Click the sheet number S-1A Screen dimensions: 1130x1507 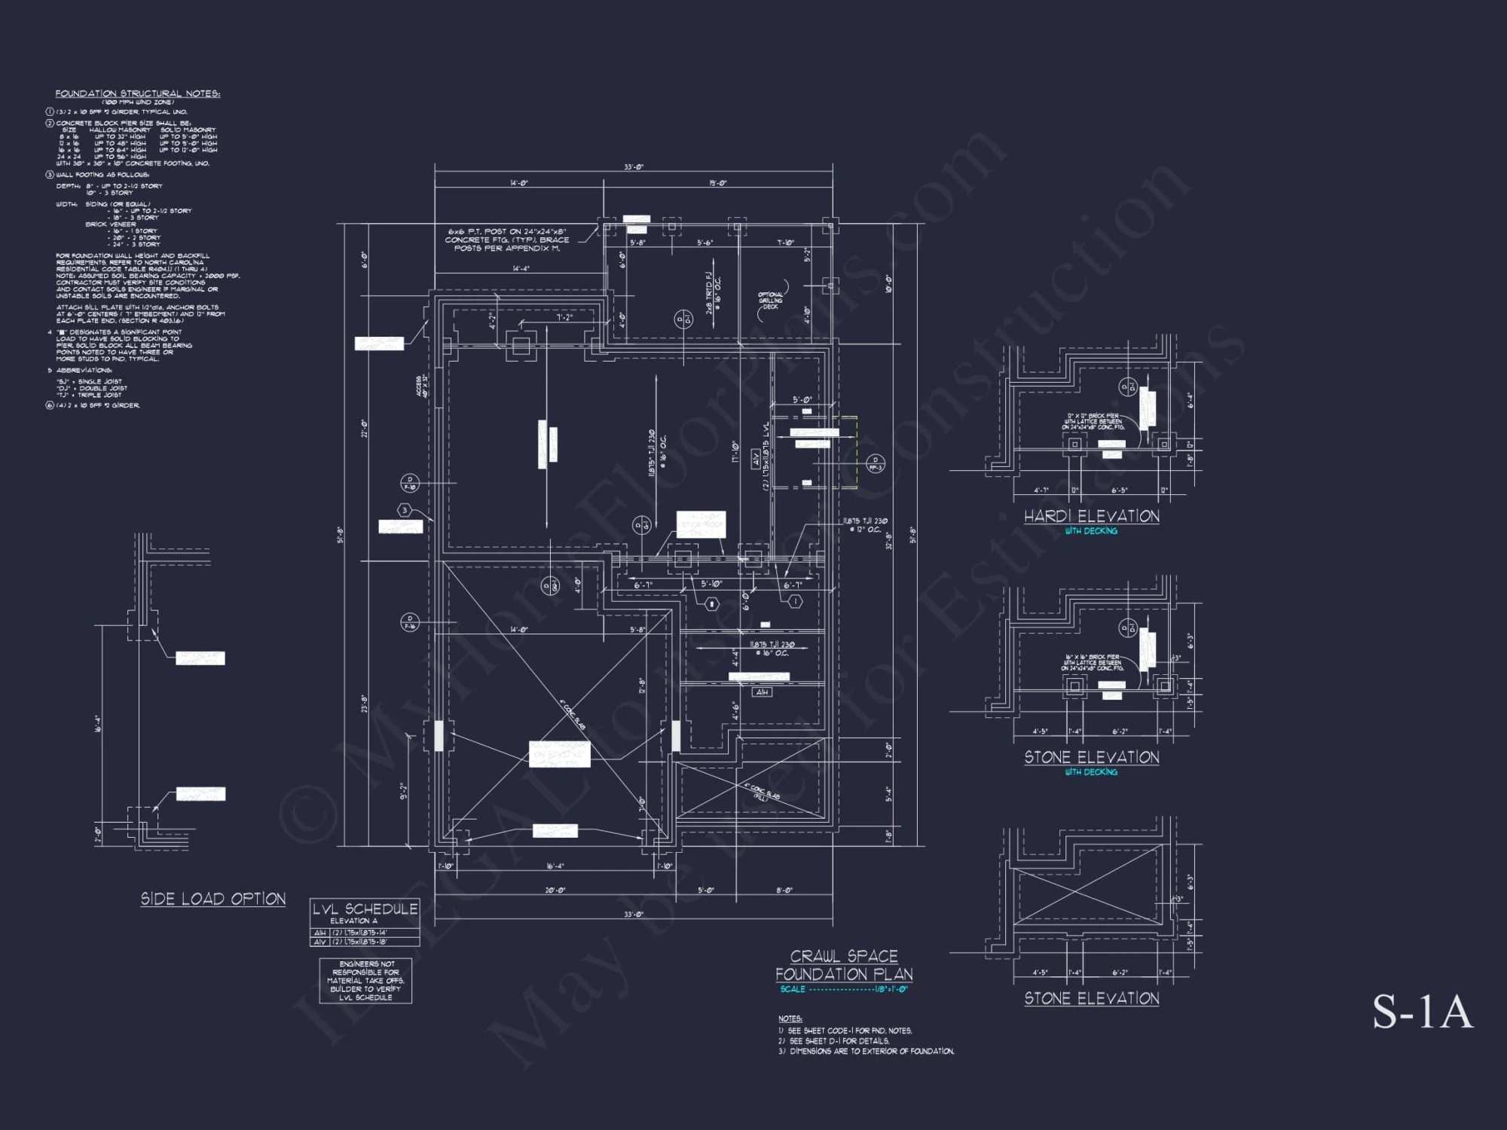[x=1421, y=1012]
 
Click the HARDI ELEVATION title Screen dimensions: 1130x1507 [x=1091, y=516]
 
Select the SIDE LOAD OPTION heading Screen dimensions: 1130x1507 [x=213, y=899]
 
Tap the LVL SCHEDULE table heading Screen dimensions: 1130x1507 [x=365, y=909]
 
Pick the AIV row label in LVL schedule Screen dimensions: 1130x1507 [x=320, y=942]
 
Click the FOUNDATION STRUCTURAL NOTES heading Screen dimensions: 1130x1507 [x=137, y=93]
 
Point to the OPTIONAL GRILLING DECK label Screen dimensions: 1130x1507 [x=770, y=301]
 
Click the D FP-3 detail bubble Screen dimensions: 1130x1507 [x=875, y=463]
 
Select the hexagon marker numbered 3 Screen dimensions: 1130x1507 [x=405, y=510]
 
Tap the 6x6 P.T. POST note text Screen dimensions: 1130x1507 [x=506, y=240]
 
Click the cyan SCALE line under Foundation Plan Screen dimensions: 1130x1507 [x=844, y=989]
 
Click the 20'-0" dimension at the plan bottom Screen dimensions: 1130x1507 [x=555, y=890]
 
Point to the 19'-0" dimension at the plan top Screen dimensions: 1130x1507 [x=717, y=183]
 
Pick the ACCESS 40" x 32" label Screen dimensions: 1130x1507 [x=422, y=386]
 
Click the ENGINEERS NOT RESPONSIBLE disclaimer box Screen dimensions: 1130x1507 [x=365, y=980]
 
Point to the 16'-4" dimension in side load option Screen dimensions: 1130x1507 [x=98, y=725]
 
